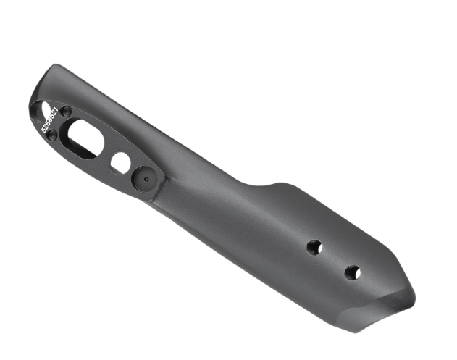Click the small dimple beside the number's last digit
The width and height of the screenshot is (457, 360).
click(66, 112)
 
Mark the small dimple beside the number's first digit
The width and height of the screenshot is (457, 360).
click(51, 135)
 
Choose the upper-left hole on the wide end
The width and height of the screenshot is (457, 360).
click(314, 247)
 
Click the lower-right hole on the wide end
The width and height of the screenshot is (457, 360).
click(352, 272)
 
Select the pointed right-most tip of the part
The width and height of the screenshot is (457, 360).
click(415, 297)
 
